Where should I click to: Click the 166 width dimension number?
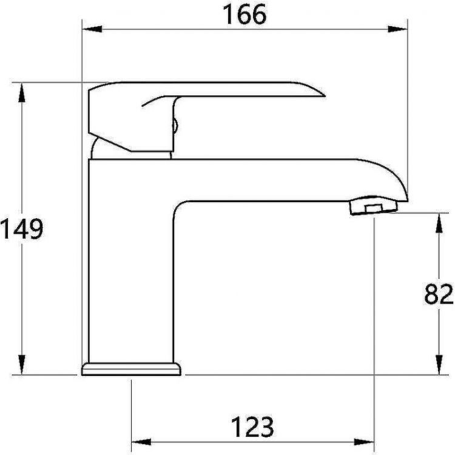(244, 15)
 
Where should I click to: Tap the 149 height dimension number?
(22, 229)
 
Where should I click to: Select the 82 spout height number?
(439, 294)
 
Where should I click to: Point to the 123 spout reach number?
(252, 427)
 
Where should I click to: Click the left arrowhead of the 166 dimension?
(92, 29)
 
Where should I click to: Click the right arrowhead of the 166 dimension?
(397, 29)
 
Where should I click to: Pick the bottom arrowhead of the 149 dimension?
(21, 364)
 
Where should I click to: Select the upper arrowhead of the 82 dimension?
(439, 223)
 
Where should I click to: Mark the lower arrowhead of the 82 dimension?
(439, 365)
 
